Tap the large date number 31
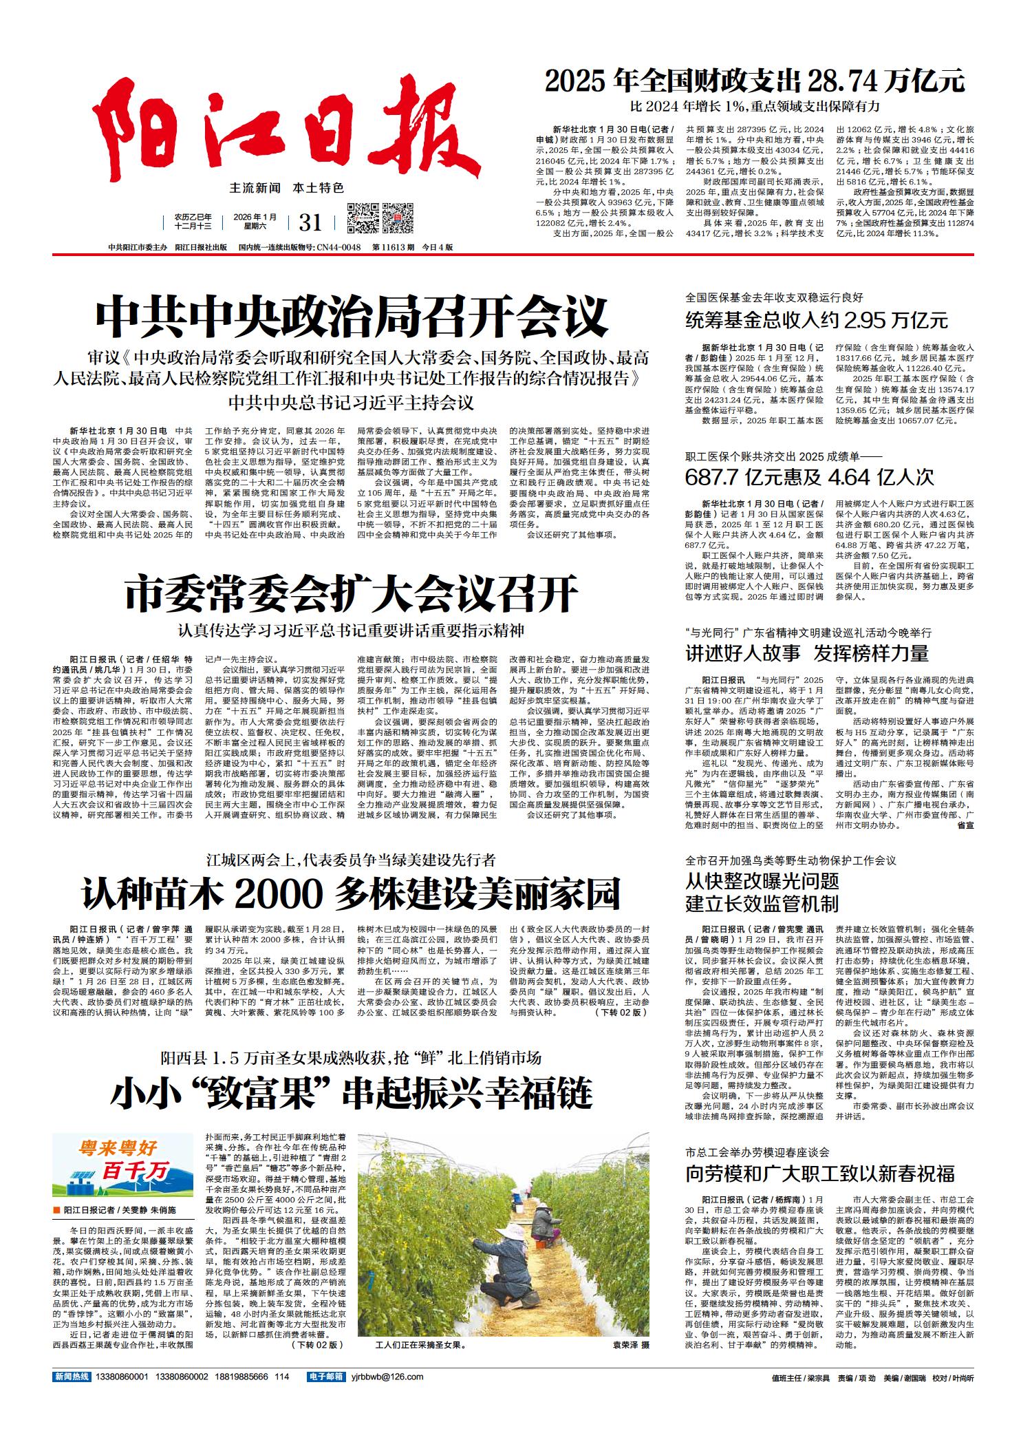point(311,222)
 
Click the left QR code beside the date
point(362,219)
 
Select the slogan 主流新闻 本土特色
point(286,188)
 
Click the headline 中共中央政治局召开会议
point(352,316)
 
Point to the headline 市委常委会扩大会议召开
point(352,593)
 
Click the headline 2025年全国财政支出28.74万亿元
point(755,81)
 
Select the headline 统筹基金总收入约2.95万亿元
point(817,320)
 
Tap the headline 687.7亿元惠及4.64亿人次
point(809,477)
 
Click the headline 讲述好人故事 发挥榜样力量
point(807,653)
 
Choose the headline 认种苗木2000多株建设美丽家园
point(351,894)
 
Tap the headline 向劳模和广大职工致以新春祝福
point(820,1174)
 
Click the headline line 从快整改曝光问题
point(762,880)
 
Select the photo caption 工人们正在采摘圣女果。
point(421,1344)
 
